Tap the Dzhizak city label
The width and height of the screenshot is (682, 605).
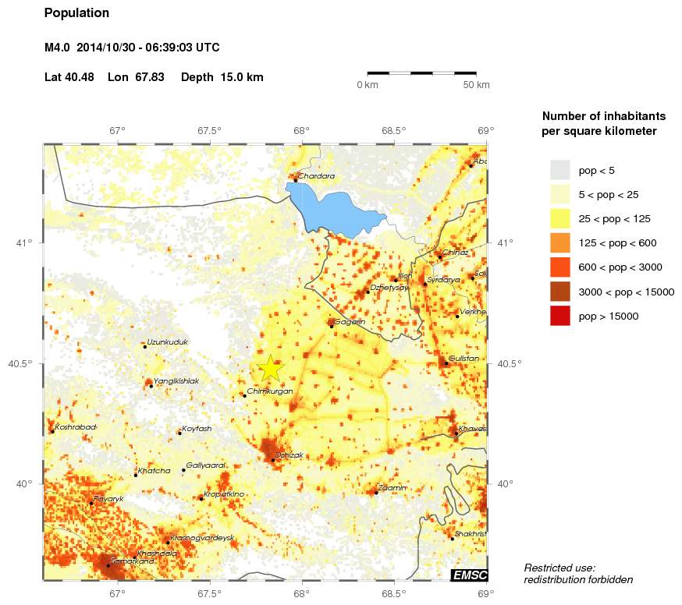click(x=289, y=455)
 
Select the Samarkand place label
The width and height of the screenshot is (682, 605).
click(x=133, y=561)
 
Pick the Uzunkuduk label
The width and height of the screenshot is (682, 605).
click(x=167, y=342)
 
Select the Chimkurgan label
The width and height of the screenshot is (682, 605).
click(x=269, y=391)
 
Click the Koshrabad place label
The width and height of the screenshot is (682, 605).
click(x=76, y=427)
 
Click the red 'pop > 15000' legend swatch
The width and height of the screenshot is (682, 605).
click(x=560, y=316)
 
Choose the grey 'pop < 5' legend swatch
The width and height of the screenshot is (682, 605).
click(x=560, y=169)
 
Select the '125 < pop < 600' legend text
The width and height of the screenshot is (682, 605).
click(x=615, y=243)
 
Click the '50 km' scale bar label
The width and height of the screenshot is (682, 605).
click(x=477, y=85)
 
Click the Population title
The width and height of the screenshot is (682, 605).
click(x=76, y=13)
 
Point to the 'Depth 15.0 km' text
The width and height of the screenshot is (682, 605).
click(x=222, y=77)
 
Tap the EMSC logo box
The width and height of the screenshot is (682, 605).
click(x=468, y=575)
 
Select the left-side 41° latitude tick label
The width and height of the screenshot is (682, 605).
click(x=23, y=243)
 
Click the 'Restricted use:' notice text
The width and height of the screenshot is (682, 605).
click(x=559, y=568)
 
